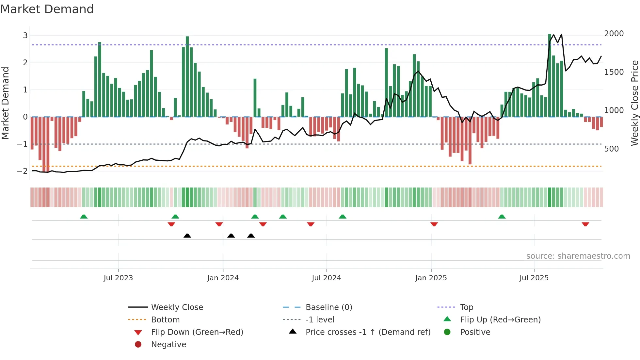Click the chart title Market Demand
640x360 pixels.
47,9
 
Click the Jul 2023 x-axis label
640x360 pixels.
118,278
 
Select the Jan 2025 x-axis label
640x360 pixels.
431,278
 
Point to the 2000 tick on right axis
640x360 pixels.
614,34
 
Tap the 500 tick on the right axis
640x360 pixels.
611,149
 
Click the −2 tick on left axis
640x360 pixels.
22,171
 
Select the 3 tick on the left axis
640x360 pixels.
25,35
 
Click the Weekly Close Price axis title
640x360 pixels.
634,103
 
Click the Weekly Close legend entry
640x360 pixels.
177,307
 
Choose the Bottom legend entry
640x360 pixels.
165,320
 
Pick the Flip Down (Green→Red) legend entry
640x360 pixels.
197,332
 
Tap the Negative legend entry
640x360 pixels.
168,345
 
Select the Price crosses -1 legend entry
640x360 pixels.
368,332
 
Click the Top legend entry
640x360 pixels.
467,307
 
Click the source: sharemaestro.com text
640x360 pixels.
578,256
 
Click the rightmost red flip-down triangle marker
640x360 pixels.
585,224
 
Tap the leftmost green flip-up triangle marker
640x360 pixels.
84,217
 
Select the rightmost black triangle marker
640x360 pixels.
251,236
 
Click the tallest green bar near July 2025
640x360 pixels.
550,75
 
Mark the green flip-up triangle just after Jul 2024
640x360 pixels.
342,217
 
